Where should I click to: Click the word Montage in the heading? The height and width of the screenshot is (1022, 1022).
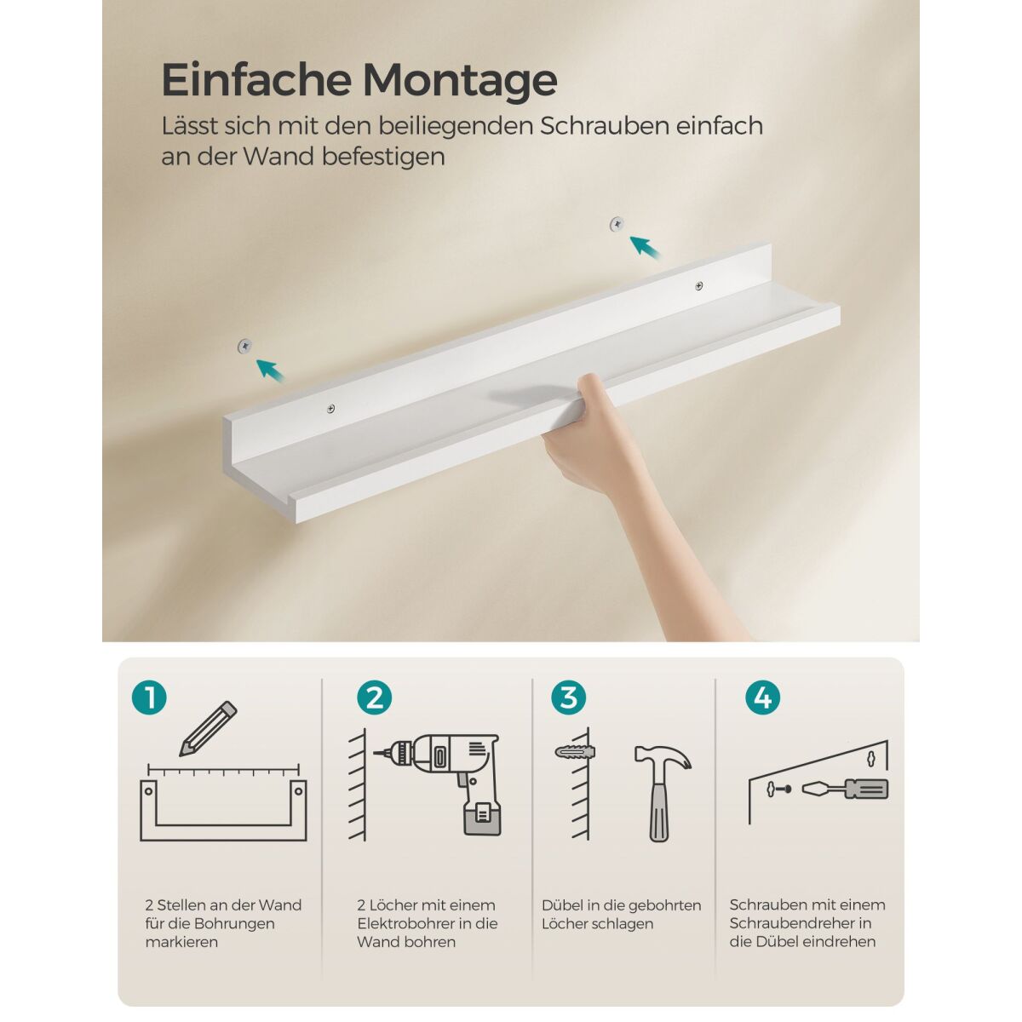coord(460,81)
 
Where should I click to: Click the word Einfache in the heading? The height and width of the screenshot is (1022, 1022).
coord(256,79)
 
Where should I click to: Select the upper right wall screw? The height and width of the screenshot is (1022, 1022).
coord(617,224)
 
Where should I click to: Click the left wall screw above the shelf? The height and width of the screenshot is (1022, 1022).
coord(244,346)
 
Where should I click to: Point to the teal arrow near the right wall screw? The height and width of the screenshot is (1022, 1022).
coord(645,247)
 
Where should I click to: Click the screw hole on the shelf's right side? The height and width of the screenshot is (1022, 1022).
coord(699,286)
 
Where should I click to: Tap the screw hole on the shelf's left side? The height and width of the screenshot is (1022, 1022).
coord(330,408)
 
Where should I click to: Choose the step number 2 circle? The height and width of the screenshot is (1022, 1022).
coord(375,698)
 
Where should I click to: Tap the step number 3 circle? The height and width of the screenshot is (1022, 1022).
coord(569,698)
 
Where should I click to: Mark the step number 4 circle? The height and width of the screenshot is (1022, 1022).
coord(762,698)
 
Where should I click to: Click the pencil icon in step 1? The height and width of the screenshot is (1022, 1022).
coord(208,728)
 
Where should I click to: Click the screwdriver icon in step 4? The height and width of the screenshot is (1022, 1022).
coord(845,789)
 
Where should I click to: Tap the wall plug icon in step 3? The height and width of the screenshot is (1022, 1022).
coord(574,752)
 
